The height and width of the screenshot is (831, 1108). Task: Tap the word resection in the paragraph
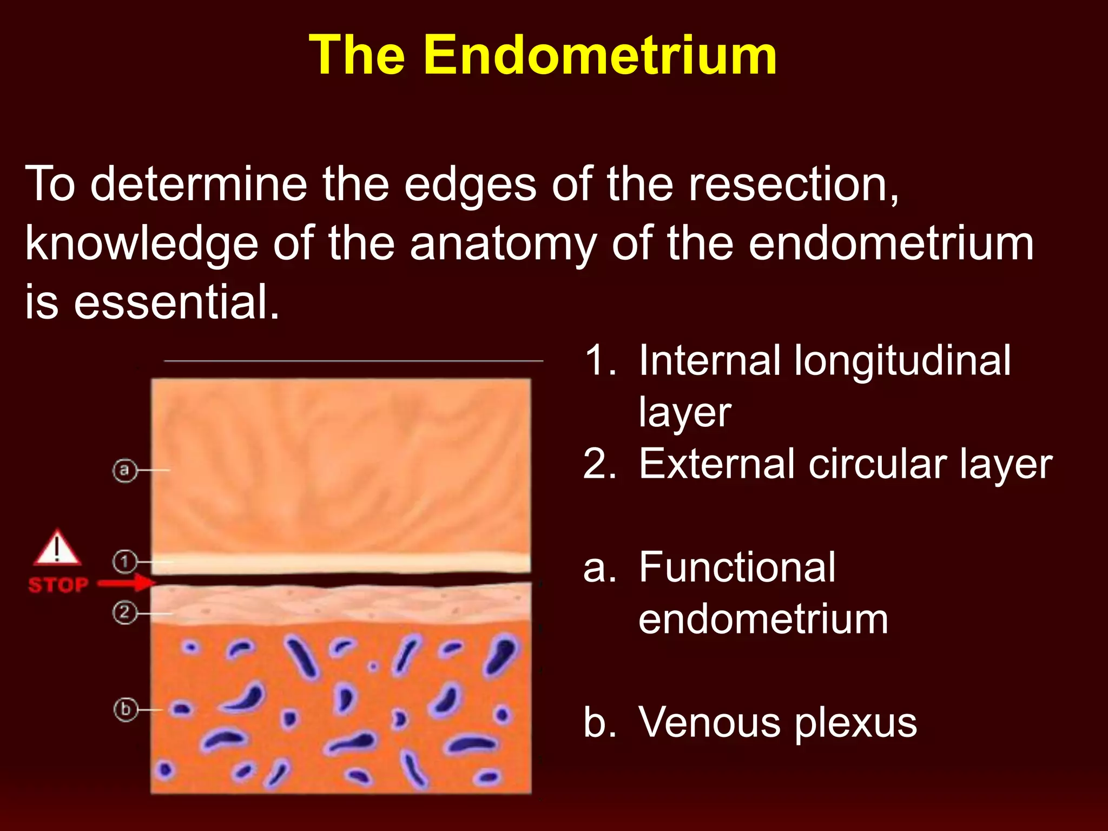793,185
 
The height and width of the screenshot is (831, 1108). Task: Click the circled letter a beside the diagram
124,470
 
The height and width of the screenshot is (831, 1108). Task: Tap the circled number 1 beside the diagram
124,562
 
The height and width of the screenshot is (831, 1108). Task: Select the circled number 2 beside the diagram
124,613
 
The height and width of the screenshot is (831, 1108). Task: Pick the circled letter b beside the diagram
126,709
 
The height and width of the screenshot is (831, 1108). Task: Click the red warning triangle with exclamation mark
57,549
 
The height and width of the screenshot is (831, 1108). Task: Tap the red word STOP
58,585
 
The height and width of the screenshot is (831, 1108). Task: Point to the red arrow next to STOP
127,583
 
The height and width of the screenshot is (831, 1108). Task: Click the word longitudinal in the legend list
901,361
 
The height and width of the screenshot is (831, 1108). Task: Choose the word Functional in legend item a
737,568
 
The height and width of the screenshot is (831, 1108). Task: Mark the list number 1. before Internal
601,361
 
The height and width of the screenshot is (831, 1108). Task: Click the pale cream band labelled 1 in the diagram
341,563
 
